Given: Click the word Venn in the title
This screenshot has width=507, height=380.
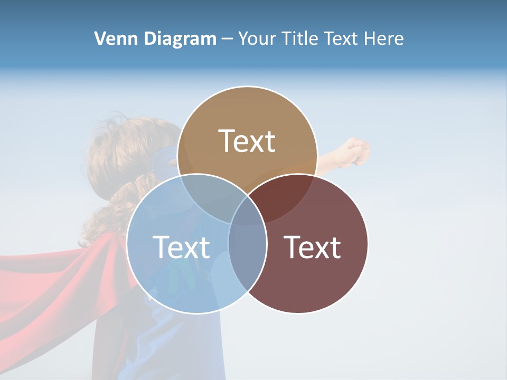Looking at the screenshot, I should [x=111, y=39].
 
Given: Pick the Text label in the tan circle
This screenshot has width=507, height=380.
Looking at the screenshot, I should [x=247, y=141].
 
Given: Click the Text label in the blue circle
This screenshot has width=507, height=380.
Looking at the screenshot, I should [x=181, y=247].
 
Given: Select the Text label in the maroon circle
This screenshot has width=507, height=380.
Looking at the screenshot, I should [x=313, y=247].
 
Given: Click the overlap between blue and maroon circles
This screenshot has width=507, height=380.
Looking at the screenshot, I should [x=247, y=253].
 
